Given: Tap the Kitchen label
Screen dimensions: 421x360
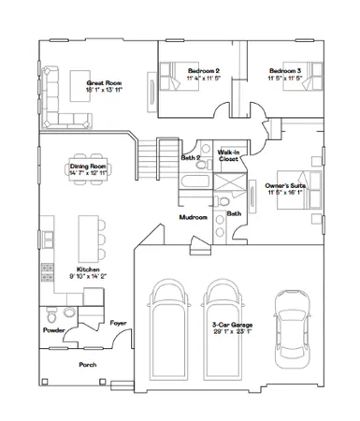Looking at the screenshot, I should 89,272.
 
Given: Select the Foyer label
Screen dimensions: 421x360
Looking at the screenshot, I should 118,323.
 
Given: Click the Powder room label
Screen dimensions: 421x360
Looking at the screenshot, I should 52,330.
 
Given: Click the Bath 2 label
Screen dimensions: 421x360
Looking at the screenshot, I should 188,158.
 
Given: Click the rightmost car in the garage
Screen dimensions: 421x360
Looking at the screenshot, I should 290,327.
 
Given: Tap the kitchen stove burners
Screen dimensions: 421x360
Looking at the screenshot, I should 44,272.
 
